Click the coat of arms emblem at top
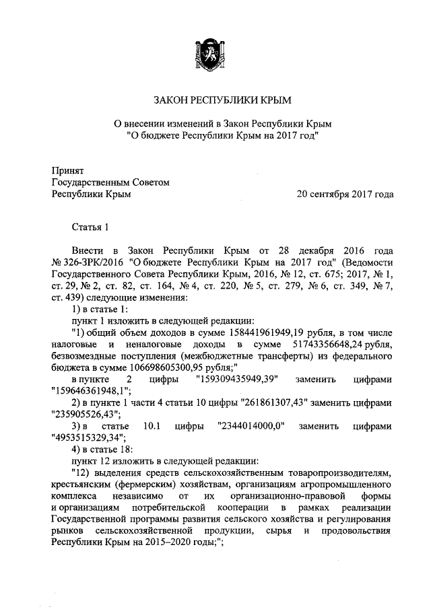click(x=215, y=55)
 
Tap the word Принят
click(x=67, y=170)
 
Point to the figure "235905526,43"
click(x=86, y=416)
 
